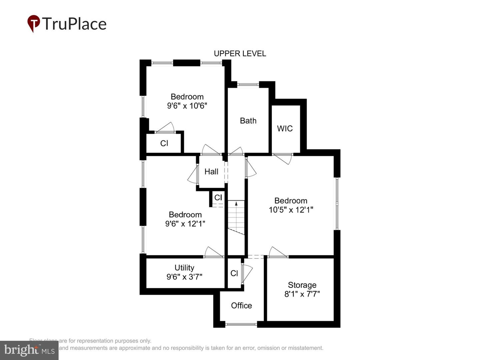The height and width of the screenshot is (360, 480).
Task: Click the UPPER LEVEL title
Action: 240,54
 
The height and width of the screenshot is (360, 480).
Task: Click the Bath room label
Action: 248,121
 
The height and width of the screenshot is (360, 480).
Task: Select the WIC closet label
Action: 285,129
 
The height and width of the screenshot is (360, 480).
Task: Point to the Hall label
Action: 211,172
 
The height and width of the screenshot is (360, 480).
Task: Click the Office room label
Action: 241,306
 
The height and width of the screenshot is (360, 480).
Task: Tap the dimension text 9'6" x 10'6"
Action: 187,106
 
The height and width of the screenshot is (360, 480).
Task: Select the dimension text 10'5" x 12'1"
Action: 291,210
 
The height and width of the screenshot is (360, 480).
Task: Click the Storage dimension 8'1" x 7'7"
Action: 302,294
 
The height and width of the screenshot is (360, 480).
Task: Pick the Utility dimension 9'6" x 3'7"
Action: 184,277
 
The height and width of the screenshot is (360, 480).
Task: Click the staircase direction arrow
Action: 236,203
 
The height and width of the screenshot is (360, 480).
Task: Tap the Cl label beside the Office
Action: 234,273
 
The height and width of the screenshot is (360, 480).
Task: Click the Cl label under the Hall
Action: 218,198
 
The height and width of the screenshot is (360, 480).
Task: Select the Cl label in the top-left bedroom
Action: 164,143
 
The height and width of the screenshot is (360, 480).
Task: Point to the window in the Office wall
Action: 241,323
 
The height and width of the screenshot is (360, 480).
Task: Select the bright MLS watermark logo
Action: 29,350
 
